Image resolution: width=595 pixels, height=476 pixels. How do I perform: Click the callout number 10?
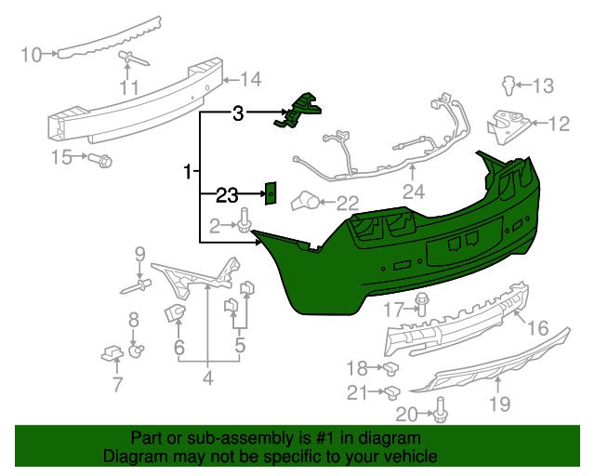tap(31, 55)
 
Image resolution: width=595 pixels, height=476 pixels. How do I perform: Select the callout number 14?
tap(251, 78)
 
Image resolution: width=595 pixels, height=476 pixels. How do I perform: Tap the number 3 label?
tap(238, 113)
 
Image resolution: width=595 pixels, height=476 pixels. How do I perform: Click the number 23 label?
tap(227, 194)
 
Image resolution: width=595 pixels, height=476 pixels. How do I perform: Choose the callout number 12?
tap(558, 123)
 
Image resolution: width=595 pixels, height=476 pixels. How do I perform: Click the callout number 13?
tap(542, 86)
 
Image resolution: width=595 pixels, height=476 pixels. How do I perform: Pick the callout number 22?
tap(347, 203)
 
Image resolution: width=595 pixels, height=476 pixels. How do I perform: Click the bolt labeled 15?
tap(102, 161)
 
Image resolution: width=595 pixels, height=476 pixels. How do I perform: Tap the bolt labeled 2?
tap(245, 223)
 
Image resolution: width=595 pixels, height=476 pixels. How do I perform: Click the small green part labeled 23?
tap(271, 192)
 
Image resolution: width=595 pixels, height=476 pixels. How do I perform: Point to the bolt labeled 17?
tap(422, 304)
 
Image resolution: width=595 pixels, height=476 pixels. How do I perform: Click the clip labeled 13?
tap(508, 86)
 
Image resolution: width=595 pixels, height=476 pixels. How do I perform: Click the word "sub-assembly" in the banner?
tap(236, 438)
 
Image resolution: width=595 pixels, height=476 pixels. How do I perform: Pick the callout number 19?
tap(500, 403)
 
